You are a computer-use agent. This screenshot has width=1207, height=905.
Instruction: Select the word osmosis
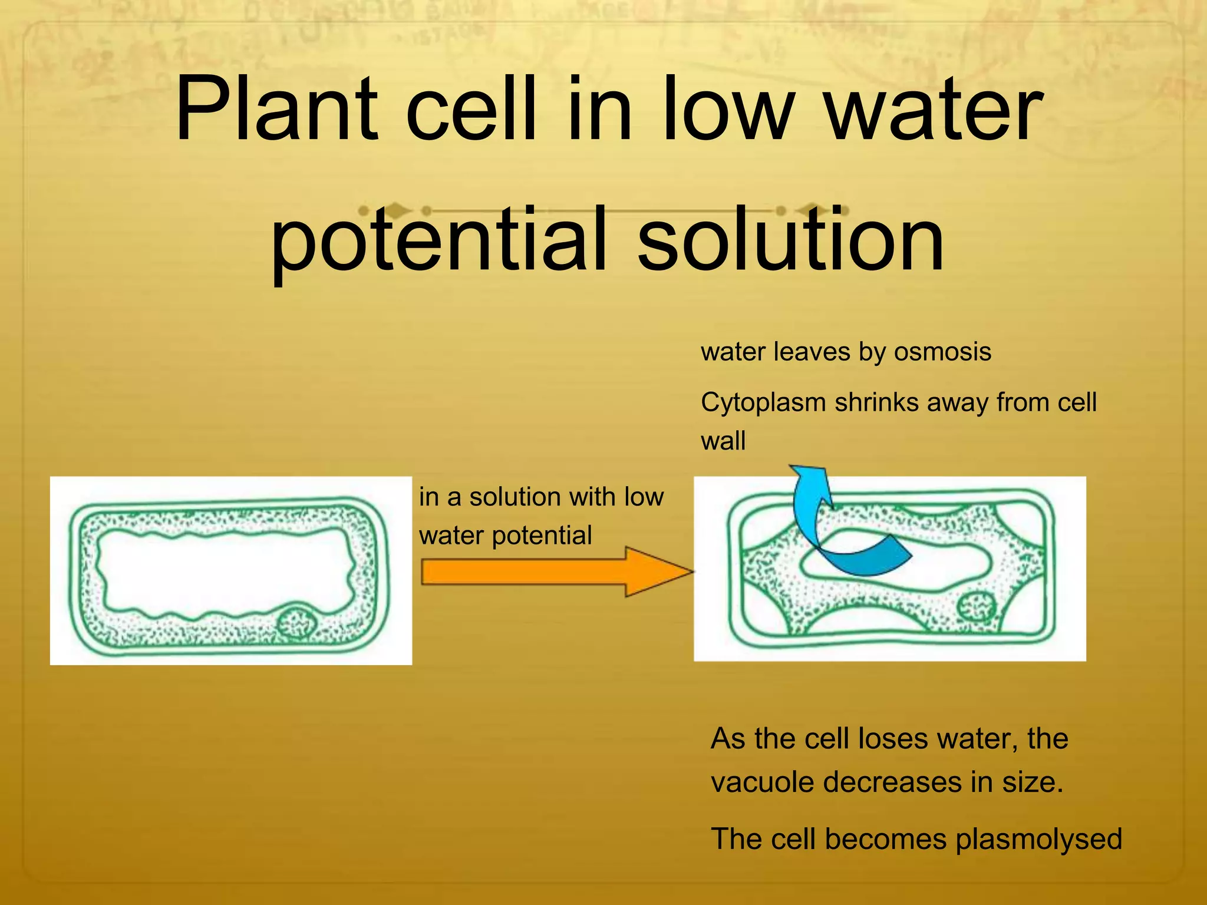click(942, 352)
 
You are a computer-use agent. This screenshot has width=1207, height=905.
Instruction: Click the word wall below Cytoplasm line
click(723, 441)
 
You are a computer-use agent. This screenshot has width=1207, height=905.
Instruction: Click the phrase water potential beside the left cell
click(505, 536)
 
